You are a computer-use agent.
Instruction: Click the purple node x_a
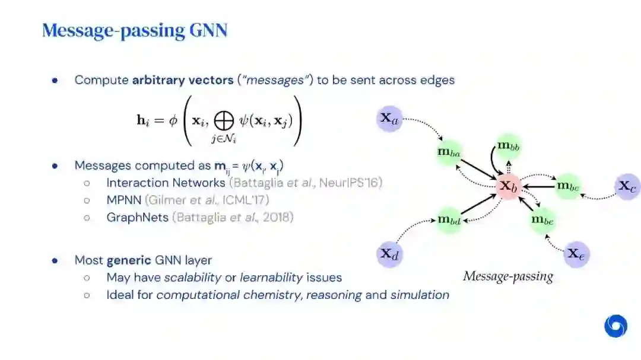tap(389, 118)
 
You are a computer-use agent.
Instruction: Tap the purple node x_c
tap(627, 186)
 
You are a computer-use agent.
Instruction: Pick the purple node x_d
tap(389, 254)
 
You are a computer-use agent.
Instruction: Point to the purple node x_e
tap(576, 254)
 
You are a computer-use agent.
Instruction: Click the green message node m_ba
tap(449, 152)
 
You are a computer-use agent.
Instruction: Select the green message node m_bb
tap(508, 146)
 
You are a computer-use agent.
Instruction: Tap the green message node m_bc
tap(567, 186)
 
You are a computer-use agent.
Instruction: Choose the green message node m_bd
tap(449, 221)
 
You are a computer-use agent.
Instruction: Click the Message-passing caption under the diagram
tap(507, 276)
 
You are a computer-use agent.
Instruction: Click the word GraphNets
tap(138, 217)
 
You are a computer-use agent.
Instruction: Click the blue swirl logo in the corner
tap(615, 326)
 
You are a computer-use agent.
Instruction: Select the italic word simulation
tap(420, 295)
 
